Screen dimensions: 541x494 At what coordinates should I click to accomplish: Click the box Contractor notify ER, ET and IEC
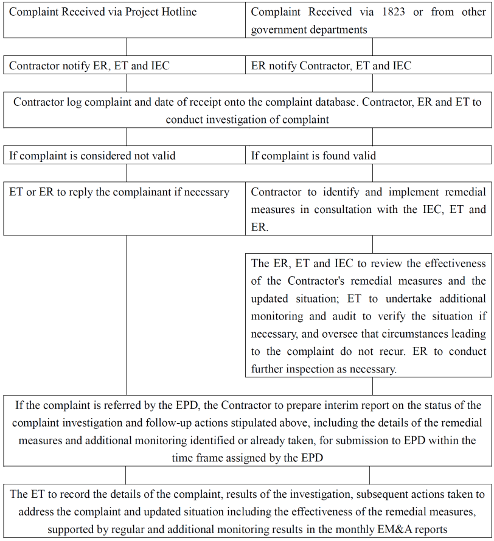pyautogui.click(x=126, y=66)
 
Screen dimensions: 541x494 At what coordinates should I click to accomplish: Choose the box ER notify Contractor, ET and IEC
pyautogui.click(x=369, y=66)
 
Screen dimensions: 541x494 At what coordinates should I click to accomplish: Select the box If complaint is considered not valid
pyautogui.click(x=126, y=156)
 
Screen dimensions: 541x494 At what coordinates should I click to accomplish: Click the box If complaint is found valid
pyautogui.click(x=369, y=156)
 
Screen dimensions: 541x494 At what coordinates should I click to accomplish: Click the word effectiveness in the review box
pyautogui.click(x=451, y=264)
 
